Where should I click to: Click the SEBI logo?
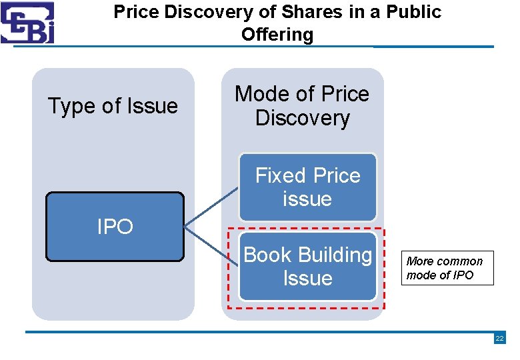click(x=28, y=23)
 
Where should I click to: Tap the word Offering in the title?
click(x=277, y=35)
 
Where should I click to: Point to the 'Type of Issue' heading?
click(x=113, y=106)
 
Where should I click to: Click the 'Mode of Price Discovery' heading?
click(x=302, y=106)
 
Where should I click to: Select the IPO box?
click(x=115, y=227)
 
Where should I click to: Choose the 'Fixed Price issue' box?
click(x=307, y=187)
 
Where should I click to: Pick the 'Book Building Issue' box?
click(x=307, y=267)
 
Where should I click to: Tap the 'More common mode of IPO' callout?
click(x=447, y=268)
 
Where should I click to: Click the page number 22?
click(x=499, y=339)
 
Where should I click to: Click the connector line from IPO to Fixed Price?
click(x=211, y=208)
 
